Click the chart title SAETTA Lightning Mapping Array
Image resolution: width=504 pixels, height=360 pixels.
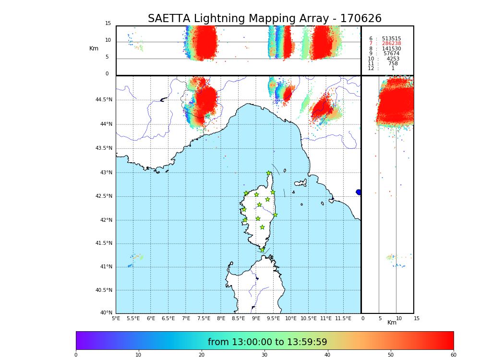(264, 19)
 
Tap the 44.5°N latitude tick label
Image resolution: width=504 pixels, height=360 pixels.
(104, 100)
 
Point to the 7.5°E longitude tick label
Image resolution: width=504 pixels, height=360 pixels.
(204, 318)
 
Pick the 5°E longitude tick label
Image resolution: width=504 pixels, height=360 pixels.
(116, 318)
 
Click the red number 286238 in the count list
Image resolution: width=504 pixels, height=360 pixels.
(391, 44)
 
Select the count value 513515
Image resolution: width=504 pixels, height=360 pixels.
(391, 39)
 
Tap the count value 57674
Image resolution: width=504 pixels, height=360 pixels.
(391, 54)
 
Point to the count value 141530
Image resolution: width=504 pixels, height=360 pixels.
(391, 49)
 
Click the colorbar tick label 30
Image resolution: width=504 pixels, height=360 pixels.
(264, 355)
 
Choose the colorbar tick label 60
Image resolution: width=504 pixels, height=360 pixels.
(453, 355)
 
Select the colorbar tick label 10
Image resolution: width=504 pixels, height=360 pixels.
(138, 355)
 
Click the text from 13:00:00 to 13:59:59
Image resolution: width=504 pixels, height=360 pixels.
(267, 342)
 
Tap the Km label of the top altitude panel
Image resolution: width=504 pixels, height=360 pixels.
(94, 48)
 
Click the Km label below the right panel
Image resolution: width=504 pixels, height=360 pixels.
(392, 323)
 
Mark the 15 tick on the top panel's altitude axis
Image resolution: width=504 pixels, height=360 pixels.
(108, 24)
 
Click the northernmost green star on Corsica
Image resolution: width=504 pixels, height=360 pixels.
(269, 173)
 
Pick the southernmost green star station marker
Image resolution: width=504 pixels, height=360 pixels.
(262, 250)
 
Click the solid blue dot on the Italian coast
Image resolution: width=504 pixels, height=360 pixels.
(359, 192)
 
